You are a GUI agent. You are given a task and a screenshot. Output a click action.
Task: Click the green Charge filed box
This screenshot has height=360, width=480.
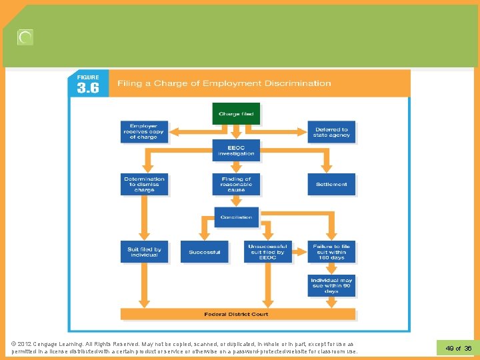[235, 113]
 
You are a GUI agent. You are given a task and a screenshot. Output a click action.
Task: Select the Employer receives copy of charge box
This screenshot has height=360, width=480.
[143, 131]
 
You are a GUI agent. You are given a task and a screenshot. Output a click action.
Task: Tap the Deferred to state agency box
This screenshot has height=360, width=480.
[331, 131]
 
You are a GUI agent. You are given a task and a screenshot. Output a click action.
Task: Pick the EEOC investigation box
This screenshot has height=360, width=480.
[236, 150]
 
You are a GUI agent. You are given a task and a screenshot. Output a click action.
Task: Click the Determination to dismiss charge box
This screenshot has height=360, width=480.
[144, 184]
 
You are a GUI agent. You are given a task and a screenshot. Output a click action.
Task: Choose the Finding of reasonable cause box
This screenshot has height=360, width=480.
[236, 184]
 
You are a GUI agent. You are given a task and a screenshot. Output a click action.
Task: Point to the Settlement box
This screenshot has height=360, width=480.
[331, 184]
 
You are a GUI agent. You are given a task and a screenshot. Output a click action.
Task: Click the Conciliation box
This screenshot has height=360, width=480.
[236, 217]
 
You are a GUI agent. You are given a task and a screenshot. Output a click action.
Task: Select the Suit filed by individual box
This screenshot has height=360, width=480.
[144, 252]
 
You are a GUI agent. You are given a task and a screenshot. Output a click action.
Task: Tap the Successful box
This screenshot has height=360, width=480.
[204, 252]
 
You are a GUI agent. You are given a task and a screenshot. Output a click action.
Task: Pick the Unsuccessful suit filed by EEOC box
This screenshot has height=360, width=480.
[267, 252]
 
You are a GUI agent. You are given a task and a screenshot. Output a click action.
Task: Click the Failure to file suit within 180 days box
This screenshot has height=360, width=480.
[331, 252]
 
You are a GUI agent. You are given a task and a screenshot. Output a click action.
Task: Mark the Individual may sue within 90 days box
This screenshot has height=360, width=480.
[331, 285]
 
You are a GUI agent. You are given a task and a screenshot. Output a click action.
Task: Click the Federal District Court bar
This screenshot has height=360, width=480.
[237, 314]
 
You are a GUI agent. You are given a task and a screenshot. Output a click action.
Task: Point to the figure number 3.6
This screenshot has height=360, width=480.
[88, 88]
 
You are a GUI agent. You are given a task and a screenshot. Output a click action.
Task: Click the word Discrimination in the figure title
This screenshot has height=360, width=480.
[298, 83]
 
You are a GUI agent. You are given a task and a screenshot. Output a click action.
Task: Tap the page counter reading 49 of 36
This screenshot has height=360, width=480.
[458, 348]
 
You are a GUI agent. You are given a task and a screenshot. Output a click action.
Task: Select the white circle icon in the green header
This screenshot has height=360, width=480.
[25, 38]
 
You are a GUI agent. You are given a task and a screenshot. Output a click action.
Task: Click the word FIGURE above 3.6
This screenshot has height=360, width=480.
[88, 77]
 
